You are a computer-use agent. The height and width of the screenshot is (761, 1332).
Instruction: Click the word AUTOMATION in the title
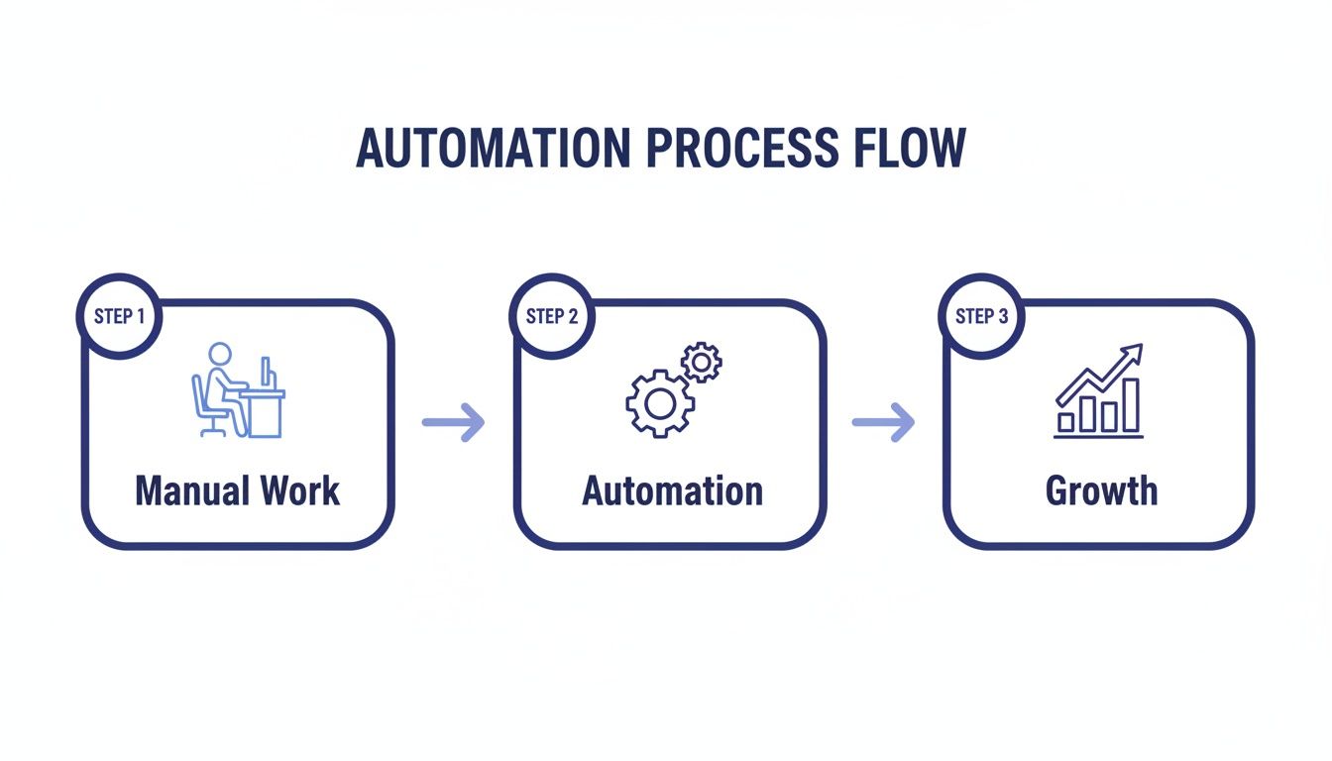pyautogui.click(x=492, y=150)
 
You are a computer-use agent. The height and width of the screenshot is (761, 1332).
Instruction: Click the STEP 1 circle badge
pyautogui.click(x=119, y=316)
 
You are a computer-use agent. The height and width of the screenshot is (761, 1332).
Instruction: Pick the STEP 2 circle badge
pyautogui.click(x=551, y=316)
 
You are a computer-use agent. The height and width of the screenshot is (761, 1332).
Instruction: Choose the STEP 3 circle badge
pyautogui.click(x=981, y=316)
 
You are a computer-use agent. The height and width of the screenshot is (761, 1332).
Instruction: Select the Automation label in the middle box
pyautogui.click(x=672, y=491)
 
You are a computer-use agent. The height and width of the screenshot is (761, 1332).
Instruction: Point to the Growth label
pyautogui.click(x=1101, y=491)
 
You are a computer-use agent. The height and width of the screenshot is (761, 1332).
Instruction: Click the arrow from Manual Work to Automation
pyautogui.click(x=454, y=423)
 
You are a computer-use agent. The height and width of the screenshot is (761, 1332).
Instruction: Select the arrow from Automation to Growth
pyautogui.click(x=883, y=423)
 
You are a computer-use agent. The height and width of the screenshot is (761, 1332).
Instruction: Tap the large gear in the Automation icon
pyautogui.click(x=658, y=403)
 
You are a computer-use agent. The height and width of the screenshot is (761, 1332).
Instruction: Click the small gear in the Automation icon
pyautogui.click(x=702, y=364)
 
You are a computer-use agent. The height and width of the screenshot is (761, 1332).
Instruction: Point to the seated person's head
pyautogui.click(x=219, y=355)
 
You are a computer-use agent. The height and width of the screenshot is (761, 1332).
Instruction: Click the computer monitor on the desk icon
pyautogui.click(x=266, y=373)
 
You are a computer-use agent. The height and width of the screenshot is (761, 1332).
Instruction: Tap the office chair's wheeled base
pyautogui.click(x=211, y=429)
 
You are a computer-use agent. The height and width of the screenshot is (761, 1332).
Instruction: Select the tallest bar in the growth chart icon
pyautogui.click(x=1131, y=403)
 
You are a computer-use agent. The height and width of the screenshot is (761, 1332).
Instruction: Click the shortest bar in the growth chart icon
pyautogui.click(x=1066, y=422)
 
